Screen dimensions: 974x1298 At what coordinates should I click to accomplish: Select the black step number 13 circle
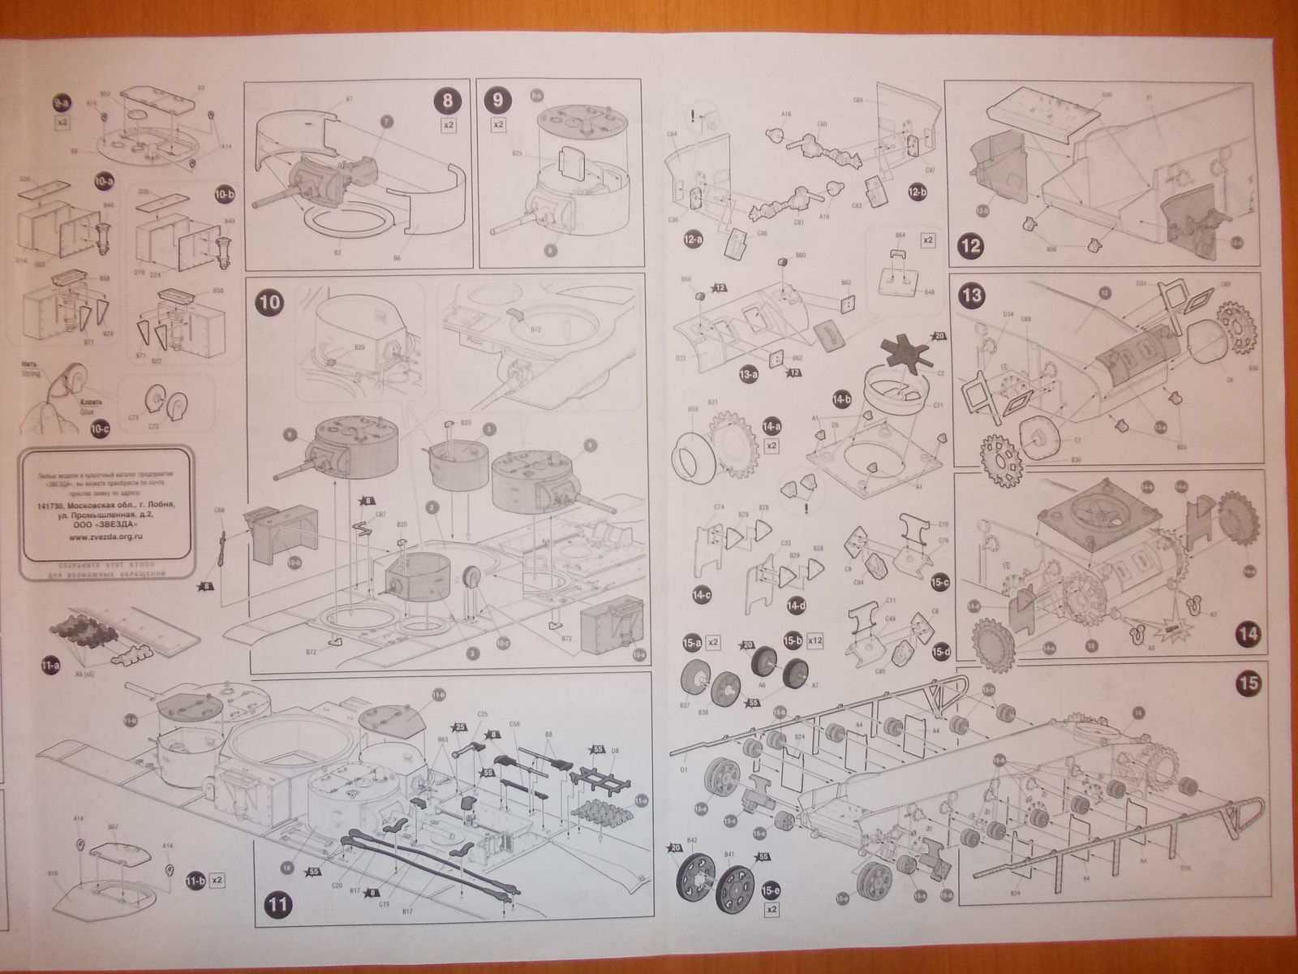pyautogui.click(x=972, y=295)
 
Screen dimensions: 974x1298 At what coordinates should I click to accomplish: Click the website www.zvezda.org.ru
pyautogui.click(x=102, y=536)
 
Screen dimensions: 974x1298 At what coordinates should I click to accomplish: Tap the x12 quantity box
pyautogui.click(x=816, y=642)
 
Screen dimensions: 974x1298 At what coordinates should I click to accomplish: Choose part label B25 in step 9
pyautogui.click(x=516, y=153)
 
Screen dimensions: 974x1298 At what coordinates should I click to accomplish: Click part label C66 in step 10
pyautogui.click(x=219, y=510)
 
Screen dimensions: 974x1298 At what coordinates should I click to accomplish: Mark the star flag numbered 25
pyautogui.click(x=461, y=726)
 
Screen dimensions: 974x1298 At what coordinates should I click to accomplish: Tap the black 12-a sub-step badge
pyautogui.click(x=694, y=239)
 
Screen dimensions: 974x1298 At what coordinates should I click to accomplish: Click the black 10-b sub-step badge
pyautogui.click(x=224, y=195)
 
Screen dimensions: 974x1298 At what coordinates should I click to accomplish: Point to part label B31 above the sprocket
pyautogui.click(x=713, y=402)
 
